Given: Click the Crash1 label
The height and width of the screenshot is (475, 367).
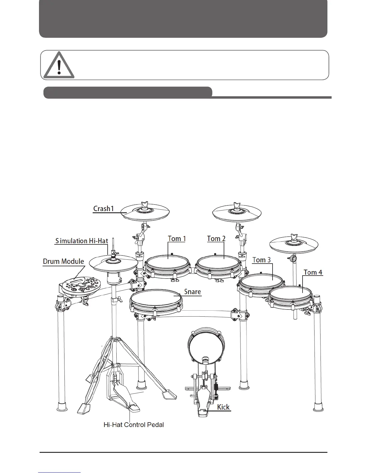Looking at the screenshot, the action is coord(103,208).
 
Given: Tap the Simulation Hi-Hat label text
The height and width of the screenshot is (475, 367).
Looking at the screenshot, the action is coord(82,241).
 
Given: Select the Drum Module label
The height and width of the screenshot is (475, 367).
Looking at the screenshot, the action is coord(63,261).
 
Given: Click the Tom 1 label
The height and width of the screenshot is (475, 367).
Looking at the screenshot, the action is coord(177,239).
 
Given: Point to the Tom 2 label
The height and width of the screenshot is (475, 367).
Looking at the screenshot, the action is coord(216,239).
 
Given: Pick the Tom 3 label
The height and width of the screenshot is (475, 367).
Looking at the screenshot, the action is coord(261,260).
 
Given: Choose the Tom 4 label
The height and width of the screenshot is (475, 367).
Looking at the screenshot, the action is coord(313,272).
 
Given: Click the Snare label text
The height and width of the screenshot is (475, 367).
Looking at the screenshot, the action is coord(192,292).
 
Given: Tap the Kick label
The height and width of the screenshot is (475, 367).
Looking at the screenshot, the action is coord(223,407).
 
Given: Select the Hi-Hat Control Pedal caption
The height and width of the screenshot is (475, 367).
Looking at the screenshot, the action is coord(134,425).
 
